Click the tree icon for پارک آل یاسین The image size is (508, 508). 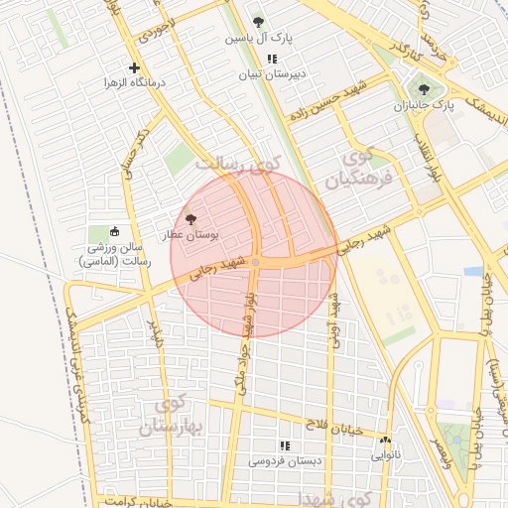click(x=258, y=21)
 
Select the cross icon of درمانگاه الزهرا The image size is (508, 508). click(x=134, y=67)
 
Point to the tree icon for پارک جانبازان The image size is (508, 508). click(x=424, y=89)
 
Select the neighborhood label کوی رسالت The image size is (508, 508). click(x=237, y=162)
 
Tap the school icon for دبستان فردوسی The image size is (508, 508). click(x=285, y=445)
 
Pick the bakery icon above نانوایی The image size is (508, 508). click(x=385, y=440)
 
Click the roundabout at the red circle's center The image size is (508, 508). click(x=255, y=262)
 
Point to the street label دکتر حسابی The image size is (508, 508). click(x=137, y=153)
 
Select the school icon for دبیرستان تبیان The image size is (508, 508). click(x=272, y=60)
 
